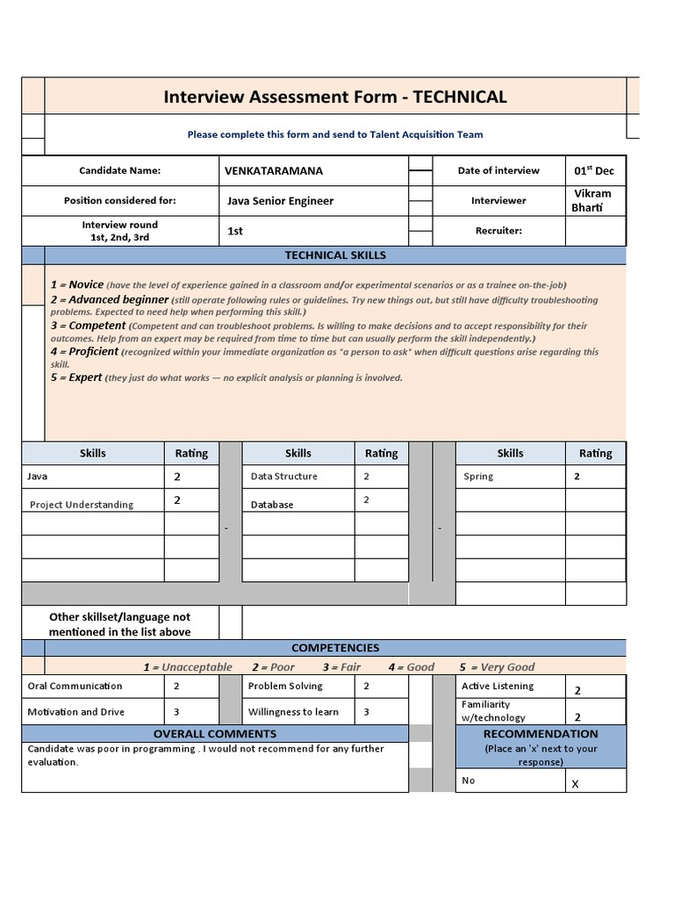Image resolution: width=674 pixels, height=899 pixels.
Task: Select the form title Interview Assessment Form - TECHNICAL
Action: point(335,97)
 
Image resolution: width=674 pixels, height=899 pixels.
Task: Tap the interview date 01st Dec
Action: point(594,170)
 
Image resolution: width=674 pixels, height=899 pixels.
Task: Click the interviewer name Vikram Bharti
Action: point(592,200)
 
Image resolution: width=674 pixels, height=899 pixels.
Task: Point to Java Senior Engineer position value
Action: point(280,201)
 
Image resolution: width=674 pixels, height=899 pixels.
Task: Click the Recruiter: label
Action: point(498,231)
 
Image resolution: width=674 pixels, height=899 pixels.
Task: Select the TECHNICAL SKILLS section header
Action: point(335,255)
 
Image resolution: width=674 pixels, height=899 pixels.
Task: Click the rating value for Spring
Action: point(577,477)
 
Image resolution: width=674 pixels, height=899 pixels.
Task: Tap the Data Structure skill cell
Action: point(283,477)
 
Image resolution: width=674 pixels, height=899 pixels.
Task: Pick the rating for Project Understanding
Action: point(177,500)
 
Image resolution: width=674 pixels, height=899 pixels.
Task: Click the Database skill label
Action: point(272,505)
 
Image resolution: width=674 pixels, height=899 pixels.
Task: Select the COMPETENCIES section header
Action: point(335,648)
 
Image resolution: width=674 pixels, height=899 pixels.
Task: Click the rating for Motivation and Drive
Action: point(176,712)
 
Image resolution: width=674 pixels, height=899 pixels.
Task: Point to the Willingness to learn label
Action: point(293,712)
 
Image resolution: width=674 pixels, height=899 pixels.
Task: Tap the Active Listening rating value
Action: point(577,691)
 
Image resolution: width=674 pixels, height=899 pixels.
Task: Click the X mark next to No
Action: point(576,784)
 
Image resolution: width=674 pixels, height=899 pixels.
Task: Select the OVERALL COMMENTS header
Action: point(215,734)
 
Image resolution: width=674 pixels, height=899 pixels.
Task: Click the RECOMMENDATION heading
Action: point(541,734)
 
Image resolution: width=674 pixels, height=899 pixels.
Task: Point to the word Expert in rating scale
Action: point(85,378)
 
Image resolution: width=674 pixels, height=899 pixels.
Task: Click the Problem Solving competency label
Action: point(285,686)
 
